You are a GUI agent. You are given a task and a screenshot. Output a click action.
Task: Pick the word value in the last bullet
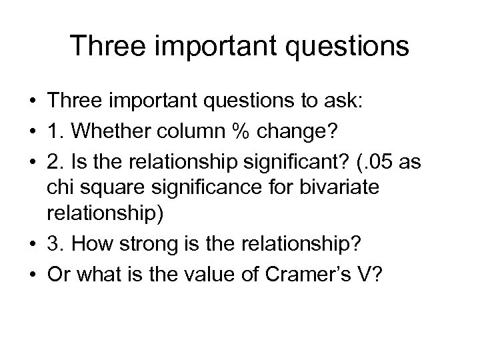[x=214, y=273]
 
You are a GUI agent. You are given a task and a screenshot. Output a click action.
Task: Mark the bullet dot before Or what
[x=34, y=273]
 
